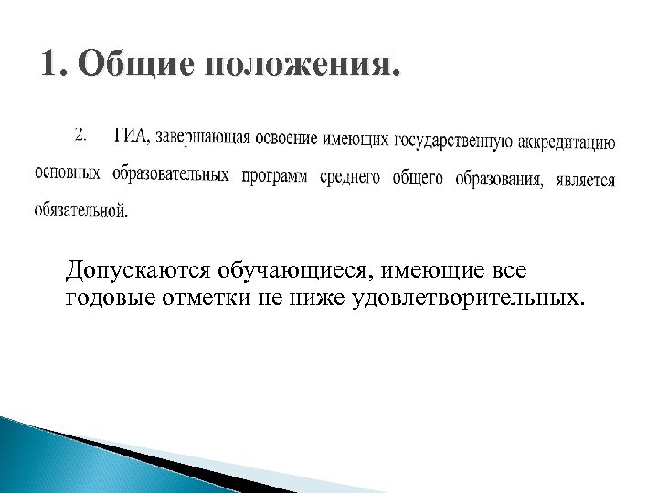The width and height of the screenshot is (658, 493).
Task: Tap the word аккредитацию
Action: click(569, 142)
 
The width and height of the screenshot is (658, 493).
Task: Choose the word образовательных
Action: click(171, 174)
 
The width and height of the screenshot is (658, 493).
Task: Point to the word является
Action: click(585, 180)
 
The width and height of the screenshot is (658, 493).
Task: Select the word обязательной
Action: click(81, 211)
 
